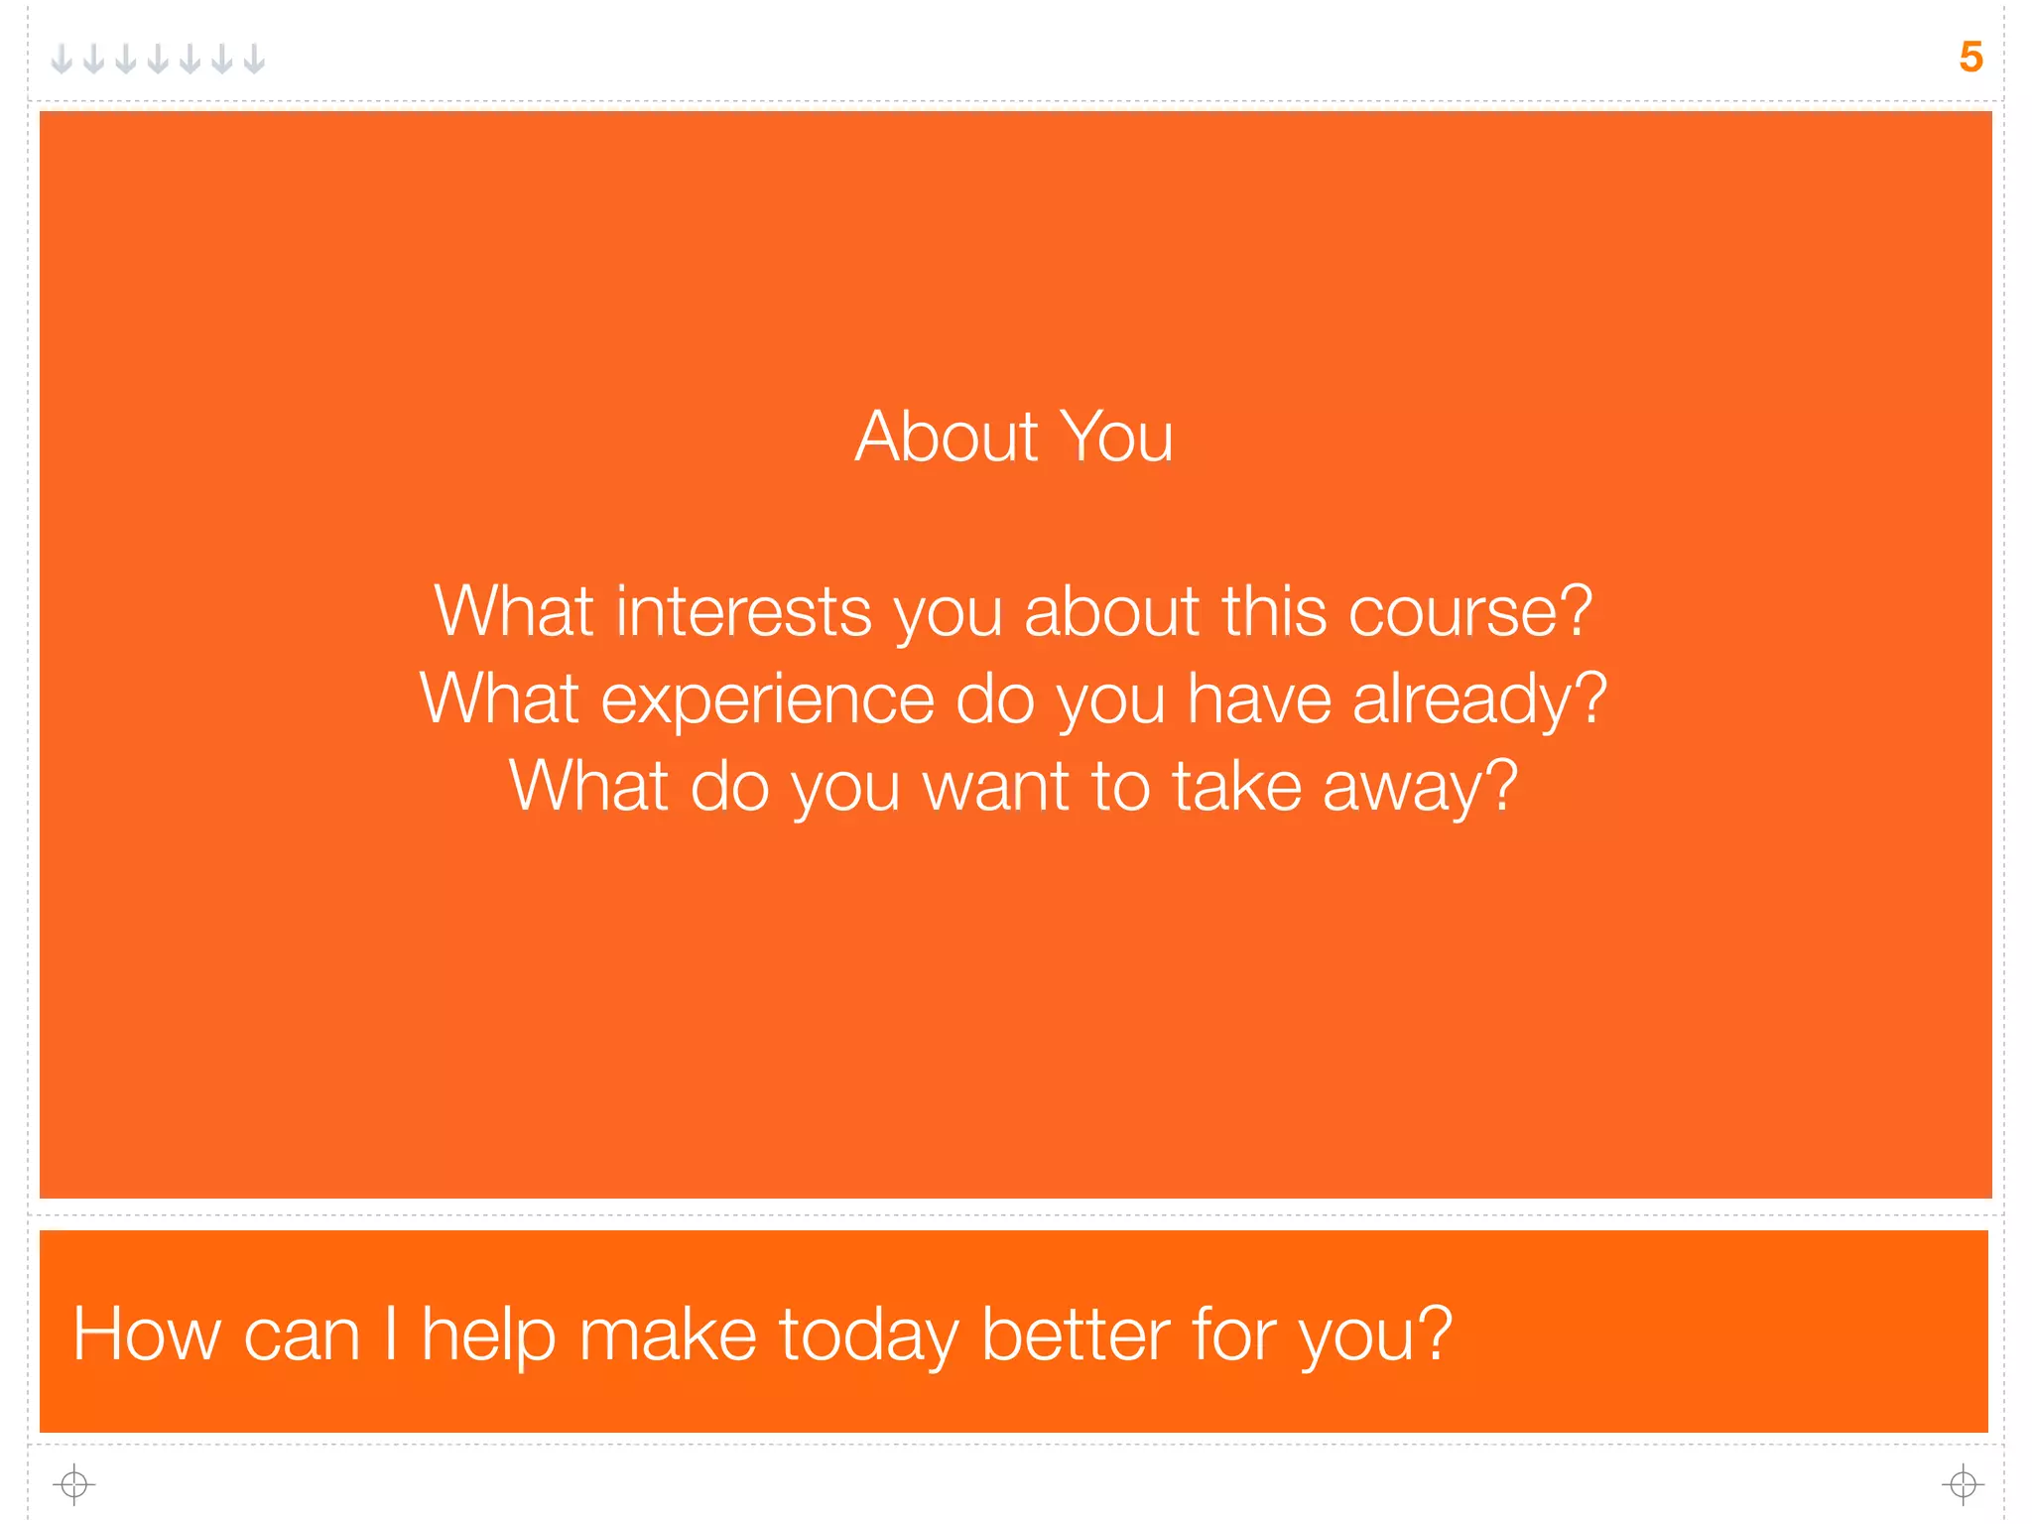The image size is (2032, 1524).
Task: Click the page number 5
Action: [1970, 58]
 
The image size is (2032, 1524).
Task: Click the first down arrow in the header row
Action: [62, 60]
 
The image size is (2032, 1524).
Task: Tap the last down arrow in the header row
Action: [255, 60]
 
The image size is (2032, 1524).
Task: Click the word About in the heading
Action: [947, 437]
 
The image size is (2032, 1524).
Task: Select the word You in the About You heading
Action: [1116, 437]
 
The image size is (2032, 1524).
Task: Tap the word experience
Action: [767, 698]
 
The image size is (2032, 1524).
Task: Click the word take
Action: [1236, 786]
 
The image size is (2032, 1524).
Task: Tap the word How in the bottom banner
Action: [147, 1334]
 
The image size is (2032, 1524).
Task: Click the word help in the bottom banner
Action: [488, 1336]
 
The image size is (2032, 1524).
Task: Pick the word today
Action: [868, 1336]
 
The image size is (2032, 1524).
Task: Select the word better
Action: [1076, 1334]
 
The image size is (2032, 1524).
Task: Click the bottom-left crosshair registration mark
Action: [74, 1484]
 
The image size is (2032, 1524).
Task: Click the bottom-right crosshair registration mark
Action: [1963, 1484]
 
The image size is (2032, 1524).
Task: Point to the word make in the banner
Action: [668, 1334]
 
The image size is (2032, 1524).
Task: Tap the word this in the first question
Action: [1274, 611]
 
